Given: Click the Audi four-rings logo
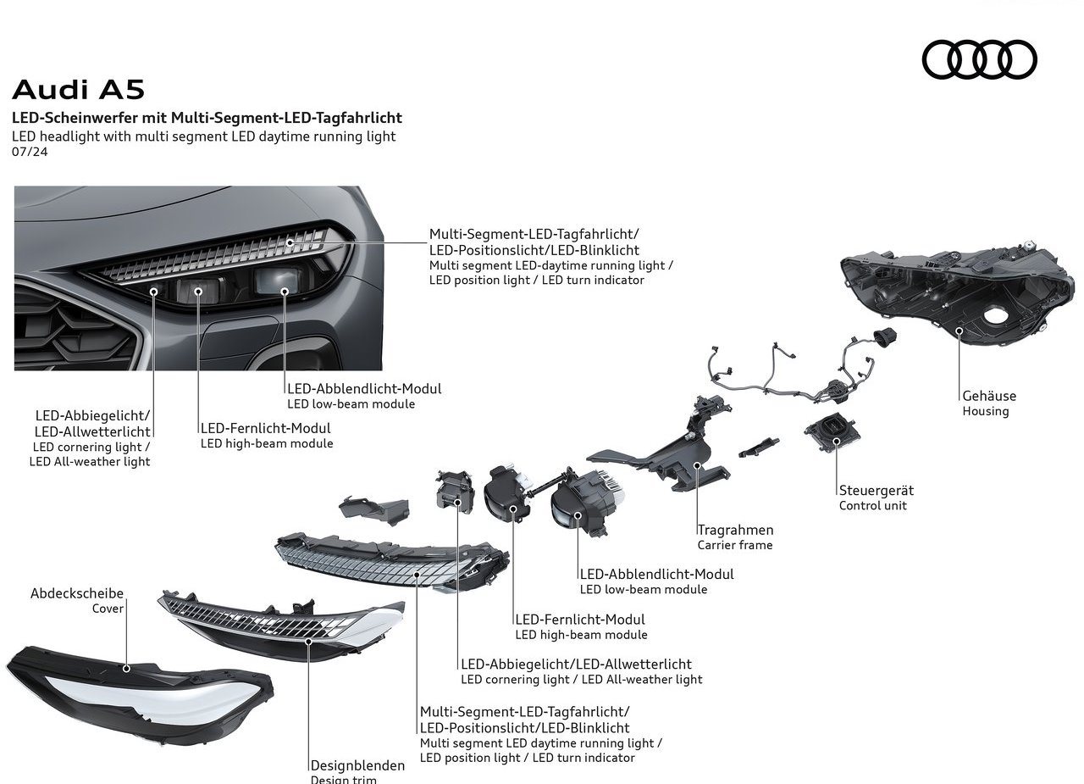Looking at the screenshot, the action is [x=979, y=59].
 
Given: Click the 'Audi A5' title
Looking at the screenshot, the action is [x=79, y=90].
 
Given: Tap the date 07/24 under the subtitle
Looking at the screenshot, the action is [x=30, y=152].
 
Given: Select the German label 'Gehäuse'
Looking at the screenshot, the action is [x=988, y=396].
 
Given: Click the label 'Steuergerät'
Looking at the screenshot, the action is [x=876, y=490].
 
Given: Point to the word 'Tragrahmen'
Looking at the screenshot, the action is [x=735, y=530].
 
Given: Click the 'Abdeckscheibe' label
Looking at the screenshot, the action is [x=77, y=593].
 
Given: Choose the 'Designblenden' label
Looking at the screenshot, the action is [x=357, y=765].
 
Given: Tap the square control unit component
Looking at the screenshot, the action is [x=832, y=431].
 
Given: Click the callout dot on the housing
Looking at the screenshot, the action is [x=960, y=331].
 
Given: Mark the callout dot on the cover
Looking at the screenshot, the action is [x=126, y=669].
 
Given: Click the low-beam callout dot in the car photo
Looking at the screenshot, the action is [x=285, y=292].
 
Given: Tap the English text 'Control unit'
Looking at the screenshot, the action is [x=872, y=505].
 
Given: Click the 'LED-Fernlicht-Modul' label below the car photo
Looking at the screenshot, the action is [x=266, y=428].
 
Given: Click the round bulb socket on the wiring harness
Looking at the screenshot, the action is [x=883, y=336].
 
